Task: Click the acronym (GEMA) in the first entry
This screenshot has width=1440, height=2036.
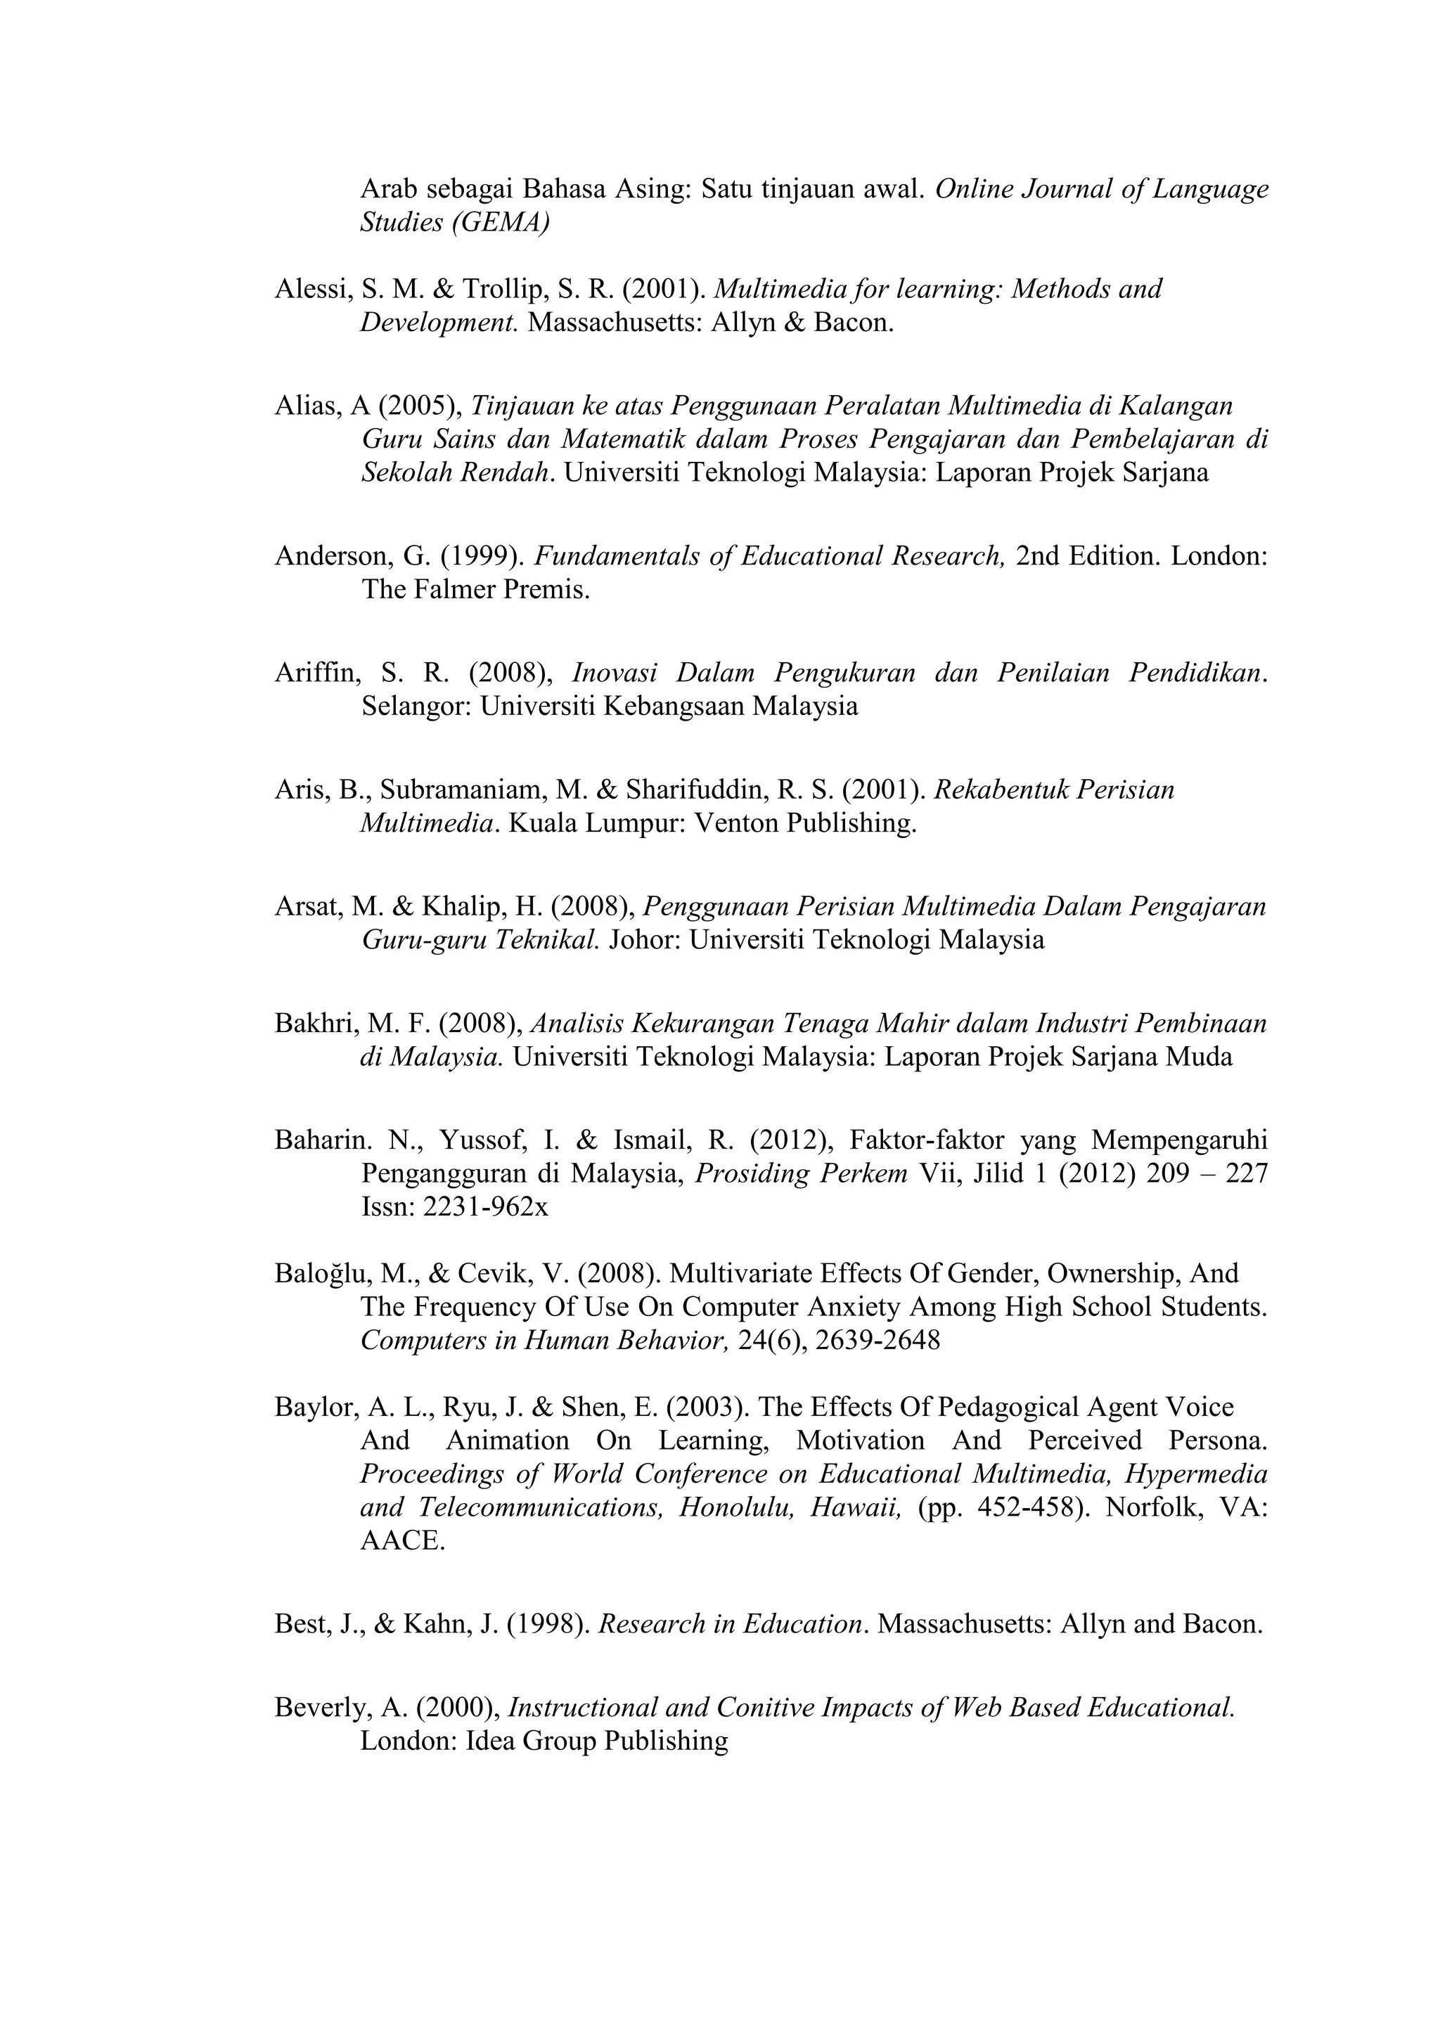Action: (500, 223)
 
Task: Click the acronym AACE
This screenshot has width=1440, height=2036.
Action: (401, 1541)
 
